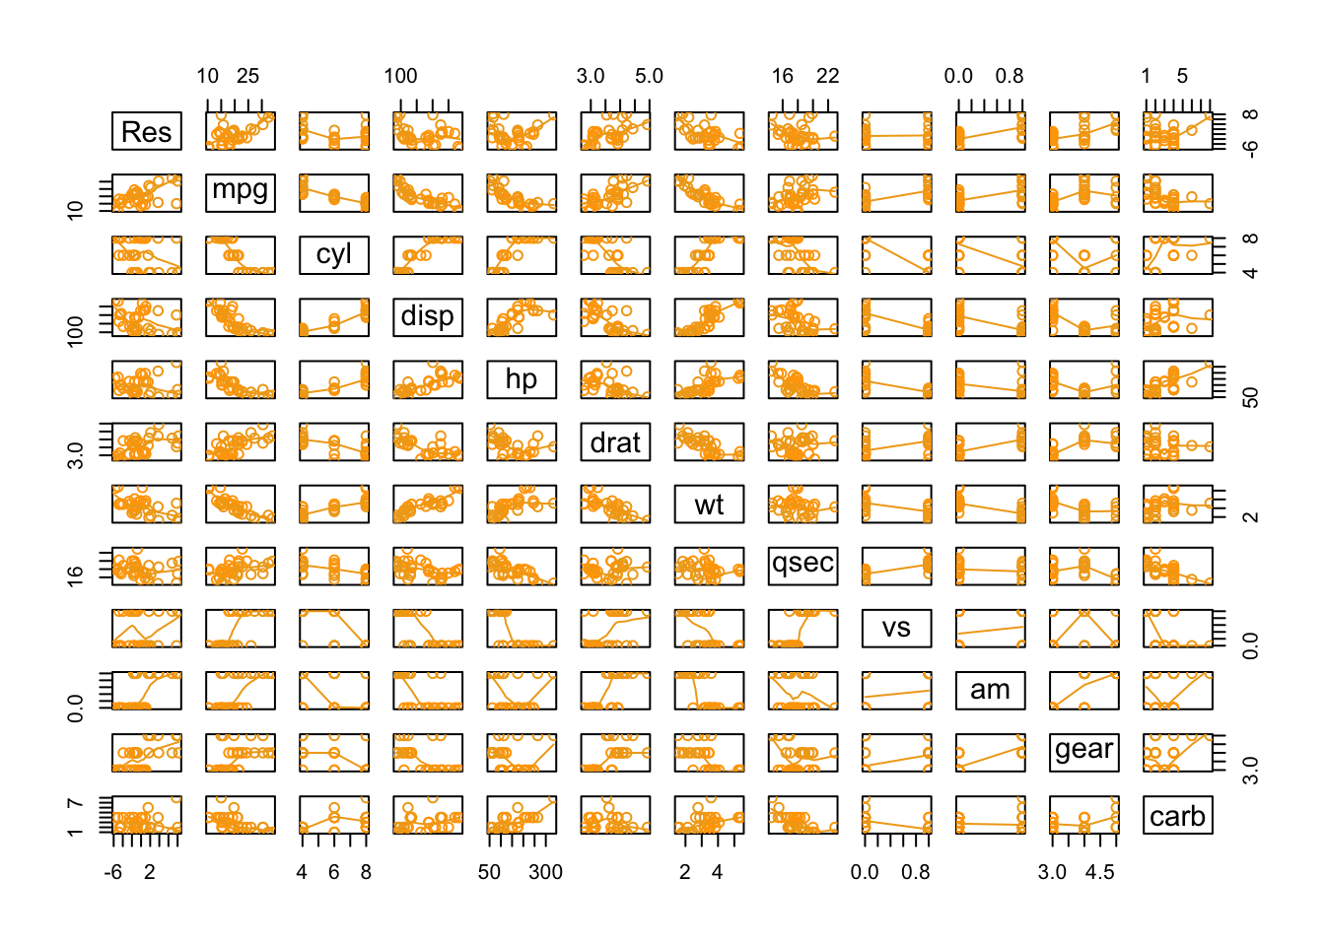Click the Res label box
pyautogui.click(x=147, y=131)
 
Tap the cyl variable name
pyautogui.click(x=334, y=254)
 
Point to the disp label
pyautogui.click(x=428, y=316)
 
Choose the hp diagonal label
pyautogui.click(x=522, y=379)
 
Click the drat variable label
pyautogui.click(x=615, y=442)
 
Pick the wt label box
pyautogui.click(x=709, y=505)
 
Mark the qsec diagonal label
pyautogui.click(x=802, y=566)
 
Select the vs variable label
pyautogui.click(x=896, y=628)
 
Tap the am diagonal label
pyautogui.click(x=990, y=690)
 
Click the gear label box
pyautogui.click(x=1083, y=752)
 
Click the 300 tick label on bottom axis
pyautogui.click(x=545, y=872)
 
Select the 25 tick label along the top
pyautogui.click(x=247, y=76)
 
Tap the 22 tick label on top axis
pyautogui.click(x=827, y=76)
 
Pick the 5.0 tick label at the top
pyautogui.click(x=649, y=76)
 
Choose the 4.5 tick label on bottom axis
pyautogui.click(x=1100, y=872)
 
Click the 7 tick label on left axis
pyautogui.click(x=75, y=804)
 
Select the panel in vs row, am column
pyautogui.click(x=990, y=628)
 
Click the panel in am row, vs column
pyautogui.click(x=896, y=690)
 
